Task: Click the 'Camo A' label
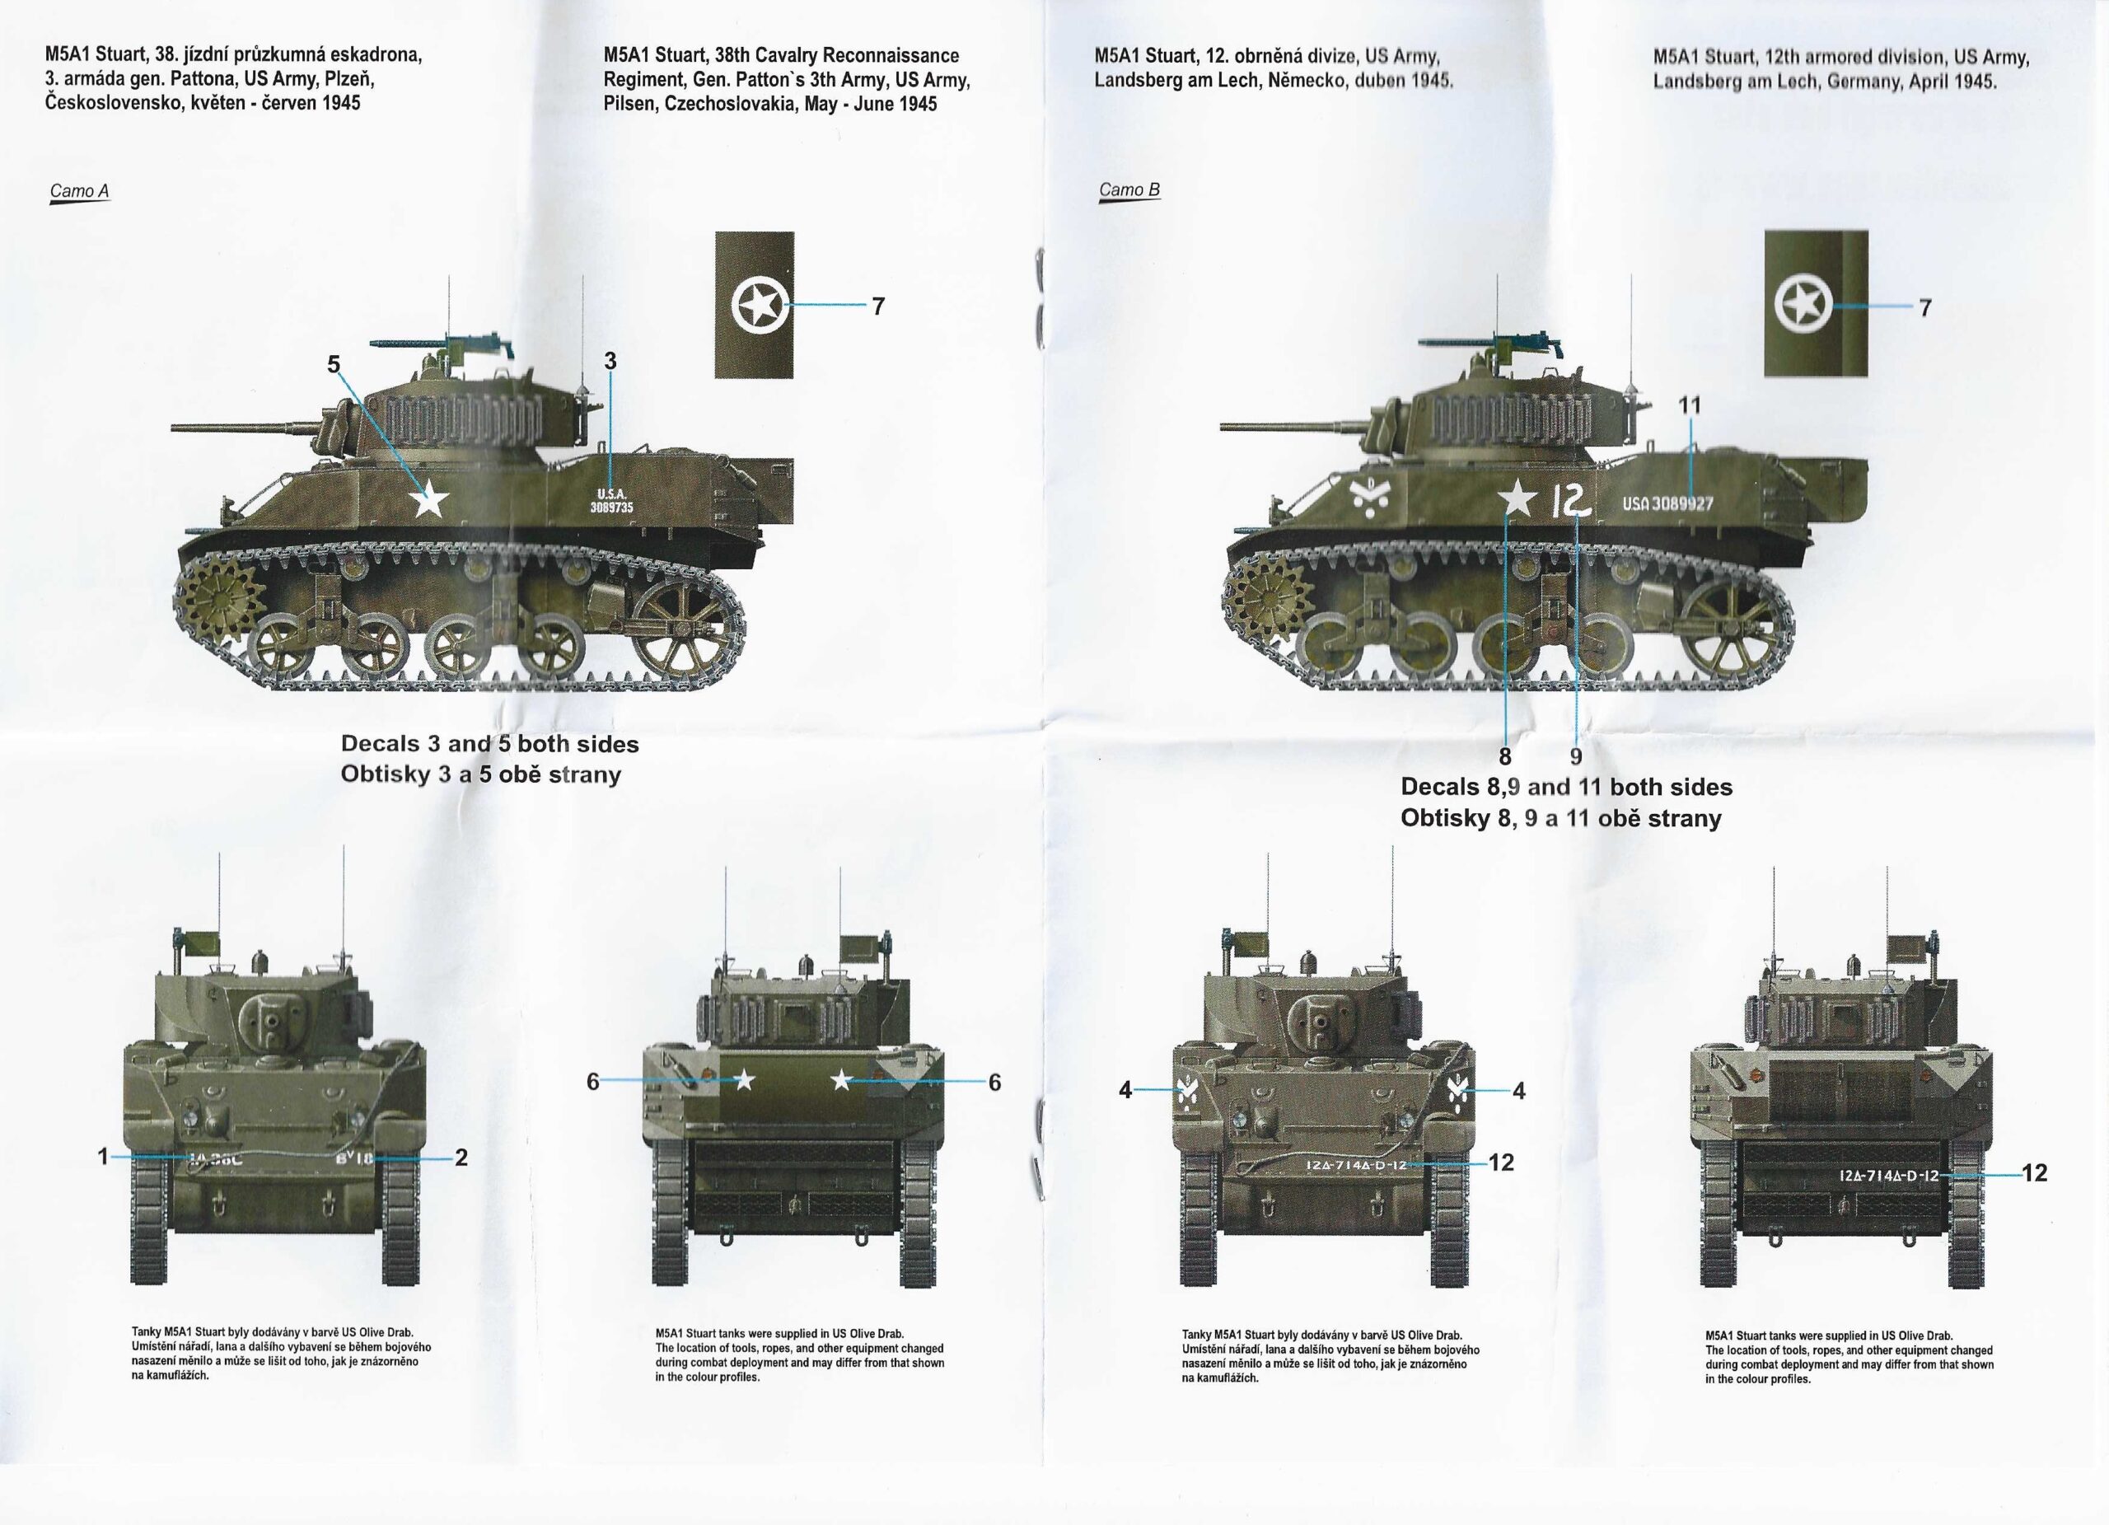coord(79,192)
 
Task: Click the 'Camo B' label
coord(1129,189)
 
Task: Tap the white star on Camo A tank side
coord(428,499)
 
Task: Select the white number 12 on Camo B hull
coord(1570,502)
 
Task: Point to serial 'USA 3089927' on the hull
coord(1667,503)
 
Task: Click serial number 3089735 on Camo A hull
coord(611,507)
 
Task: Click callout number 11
coord(1690,405)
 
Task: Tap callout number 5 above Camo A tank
coord(334,364)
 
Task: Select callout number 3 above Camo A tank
coord(610,361)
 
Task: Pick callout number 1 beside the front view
coord(103,1157)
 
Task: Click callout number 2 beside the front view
coord(461,1157)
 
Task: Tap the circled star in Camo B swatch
coord(1803,305)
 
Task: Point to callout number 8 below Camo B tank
coord(1505,757)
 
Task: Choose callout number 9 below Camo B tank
coord(1575,757)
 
